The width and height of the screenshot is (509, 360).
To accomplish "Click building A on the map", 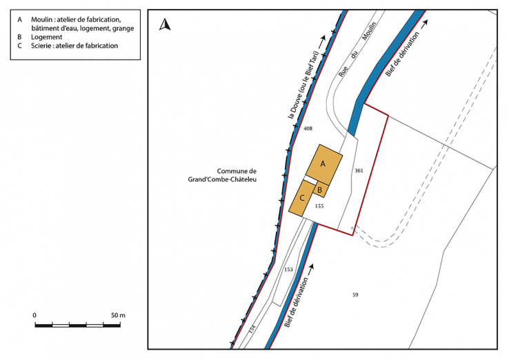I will (323, 163).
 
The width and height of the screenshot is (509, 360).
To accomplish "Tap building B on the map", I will (320, 189).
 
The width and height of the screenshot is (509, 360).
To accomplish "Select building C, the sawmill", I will (302, 198).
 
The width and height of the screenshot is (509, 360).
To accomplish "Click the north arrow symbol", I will (165, 26).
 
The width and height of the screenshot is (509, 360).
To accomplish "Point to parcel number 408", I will (308, 129).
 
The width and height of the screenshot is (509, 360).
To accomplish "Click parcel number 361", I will (358, 170).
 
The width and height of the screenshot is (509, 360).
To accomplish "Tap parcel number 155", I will (319, 206).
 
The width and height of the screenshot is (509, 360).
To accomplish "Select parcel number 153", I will (288, 270).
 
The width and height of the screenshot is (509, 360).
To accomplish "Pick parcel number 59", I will (355, 295).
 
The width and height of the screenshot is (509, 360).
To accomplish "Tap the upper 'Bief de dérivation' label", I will (403, 52).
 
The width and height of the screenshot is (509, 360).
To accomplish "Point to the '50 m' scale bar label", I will (118, 315).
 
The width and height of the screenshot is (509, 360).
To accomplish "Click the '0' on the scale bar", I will (34, 315).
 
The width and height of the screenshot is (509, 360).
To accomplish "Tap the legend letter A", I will (19, 19).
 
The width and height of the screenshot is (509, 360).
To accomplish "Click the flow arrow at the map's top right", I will (425, 22).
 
